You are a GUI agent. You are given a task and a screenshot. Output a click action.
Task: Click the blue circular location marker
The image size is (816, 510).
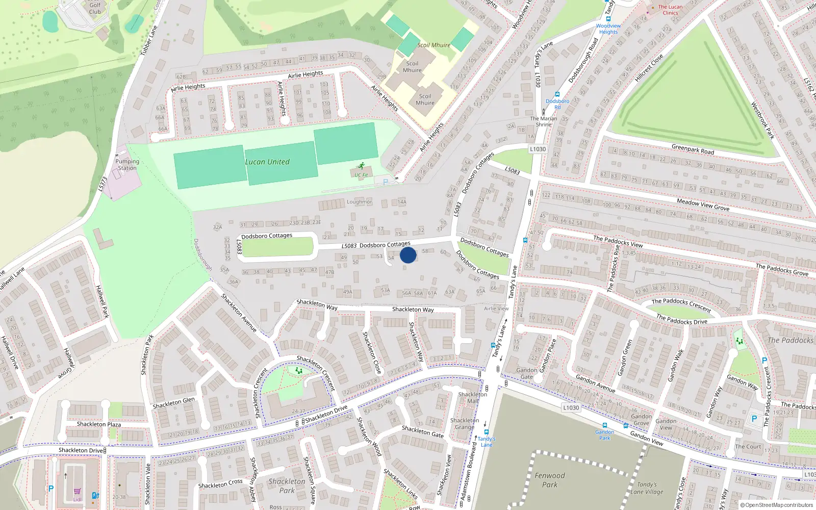(408, 254)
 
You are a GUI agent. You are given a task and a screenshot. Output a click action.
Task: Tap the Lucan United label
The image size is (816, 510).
(267, 162)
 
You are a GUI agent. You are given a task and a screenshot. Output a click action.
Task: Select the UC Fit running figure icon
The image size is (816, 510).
(362, 166)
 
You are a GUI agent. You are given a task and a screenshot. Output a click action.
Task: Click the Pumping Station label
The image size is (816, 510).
(127, 165)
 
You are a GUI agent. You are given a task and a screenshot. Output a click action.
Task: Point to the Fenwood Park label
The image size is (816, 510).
(550, 480)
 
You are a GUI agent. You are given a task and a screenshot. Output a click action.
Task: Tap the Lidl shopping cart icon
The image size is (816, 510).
(77, 492)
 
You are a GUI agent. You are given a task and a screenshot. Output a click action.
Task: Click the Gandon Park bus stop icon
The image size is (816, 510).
(605, 425)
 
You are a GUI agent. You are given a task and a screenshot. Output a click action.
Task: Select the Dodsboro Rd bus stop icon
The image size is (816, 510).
(557, 94)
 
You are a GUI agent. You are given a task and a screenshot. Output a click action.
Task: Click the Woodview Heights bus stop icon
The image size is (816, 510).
(608, 19)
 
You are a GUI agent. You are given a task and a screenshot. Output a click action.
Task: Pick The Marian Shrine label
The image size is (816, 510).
(544, 121)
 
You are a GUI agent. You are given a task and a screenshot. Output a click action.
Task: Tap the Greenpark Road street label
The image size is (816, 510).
(693, 149)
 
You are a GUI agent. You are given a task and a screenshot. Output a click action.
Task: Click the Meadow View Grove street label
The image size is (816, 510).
(703, 205)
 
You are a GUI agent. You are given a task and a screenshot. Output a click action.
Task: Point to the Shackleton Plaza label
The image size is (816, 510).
(99, 424)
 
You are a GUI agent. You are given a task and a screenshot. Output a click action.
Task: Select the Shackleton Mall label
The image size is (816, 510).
(473, 397)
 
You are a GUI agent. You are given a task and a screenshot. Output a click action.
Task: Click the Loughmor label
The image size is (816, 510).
(360, 202)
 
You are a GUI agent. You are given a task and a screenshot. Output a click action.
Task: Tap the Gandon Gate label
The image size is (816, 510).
(527, 373)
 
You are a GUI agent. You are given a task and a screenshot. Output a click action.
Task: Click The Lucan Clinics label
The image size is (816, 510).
(670, 10)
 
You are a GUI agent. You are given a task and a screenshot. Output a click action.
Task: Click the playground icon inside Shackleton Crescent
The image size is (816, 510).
(298, 371)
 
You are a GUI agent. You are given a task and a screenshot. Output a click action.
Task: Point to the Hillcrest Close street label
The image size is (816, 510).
(649, 68)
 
